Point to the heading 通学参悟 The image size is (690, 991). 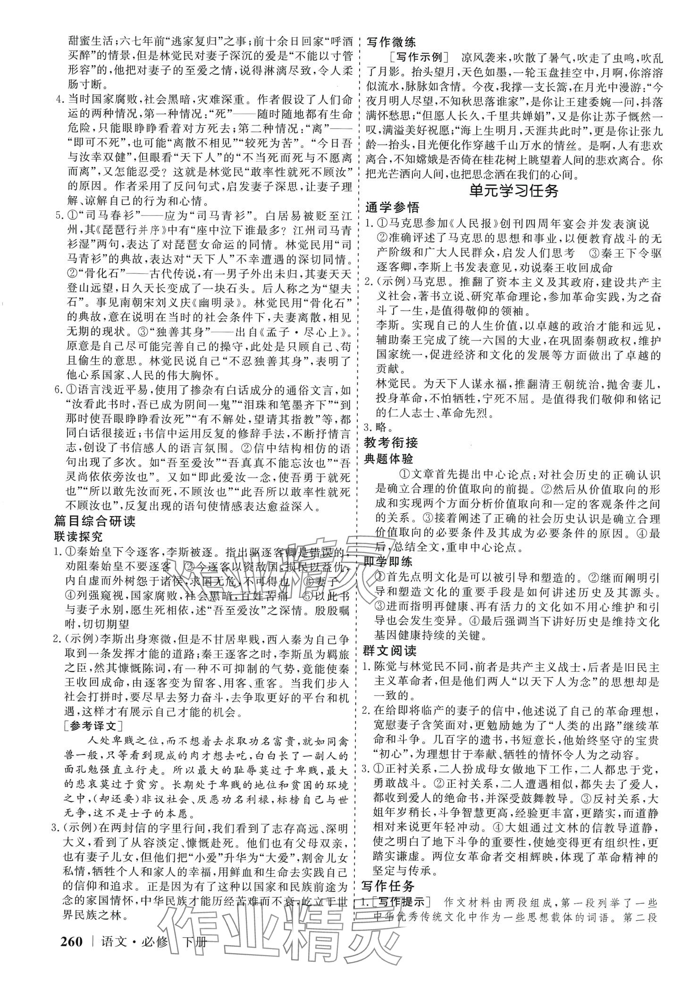tap(391, 207)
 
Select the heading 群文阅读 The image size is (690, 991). tap(390, 651)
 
